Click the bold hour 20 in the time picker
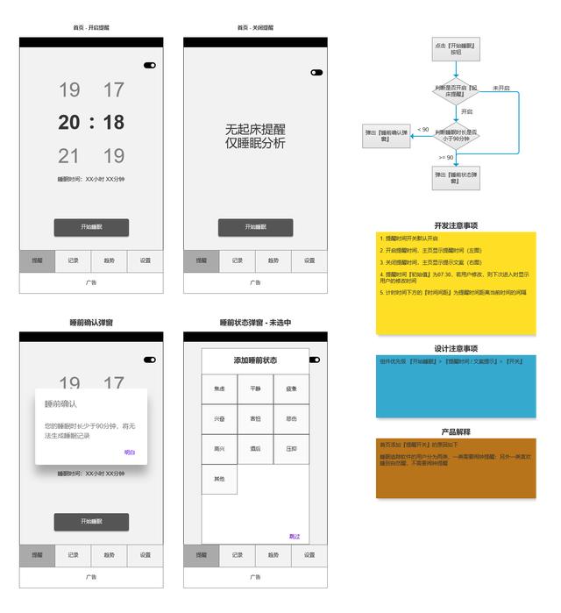point(69,123)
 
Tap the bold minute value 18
point(114,123)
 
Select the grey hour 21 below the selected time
point(69,156)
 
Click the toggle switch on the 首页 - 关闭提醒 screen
point(316,73)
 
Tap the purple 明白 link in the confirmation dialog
point(130,453)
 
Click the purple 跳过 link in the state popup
point(295,536)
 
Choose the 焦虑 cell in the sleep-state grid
point(218,388)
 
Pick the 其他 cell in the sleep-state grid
point(218,479)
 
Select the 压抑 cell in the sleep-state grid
point(291,448)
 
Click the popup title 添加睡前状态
point(255,360)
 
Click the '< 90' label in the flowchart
point(423,129)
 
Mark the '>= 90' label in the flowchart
point(446,157)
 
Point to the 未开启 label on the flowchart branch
point(501,88)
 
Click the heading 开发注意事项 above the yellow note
point(455,225)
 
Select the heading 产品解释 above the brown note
point(455,431)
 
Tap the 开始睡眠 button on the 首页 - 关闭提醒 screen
point(255,227)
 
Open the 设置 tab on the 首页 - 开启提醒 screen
point(146,260)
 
